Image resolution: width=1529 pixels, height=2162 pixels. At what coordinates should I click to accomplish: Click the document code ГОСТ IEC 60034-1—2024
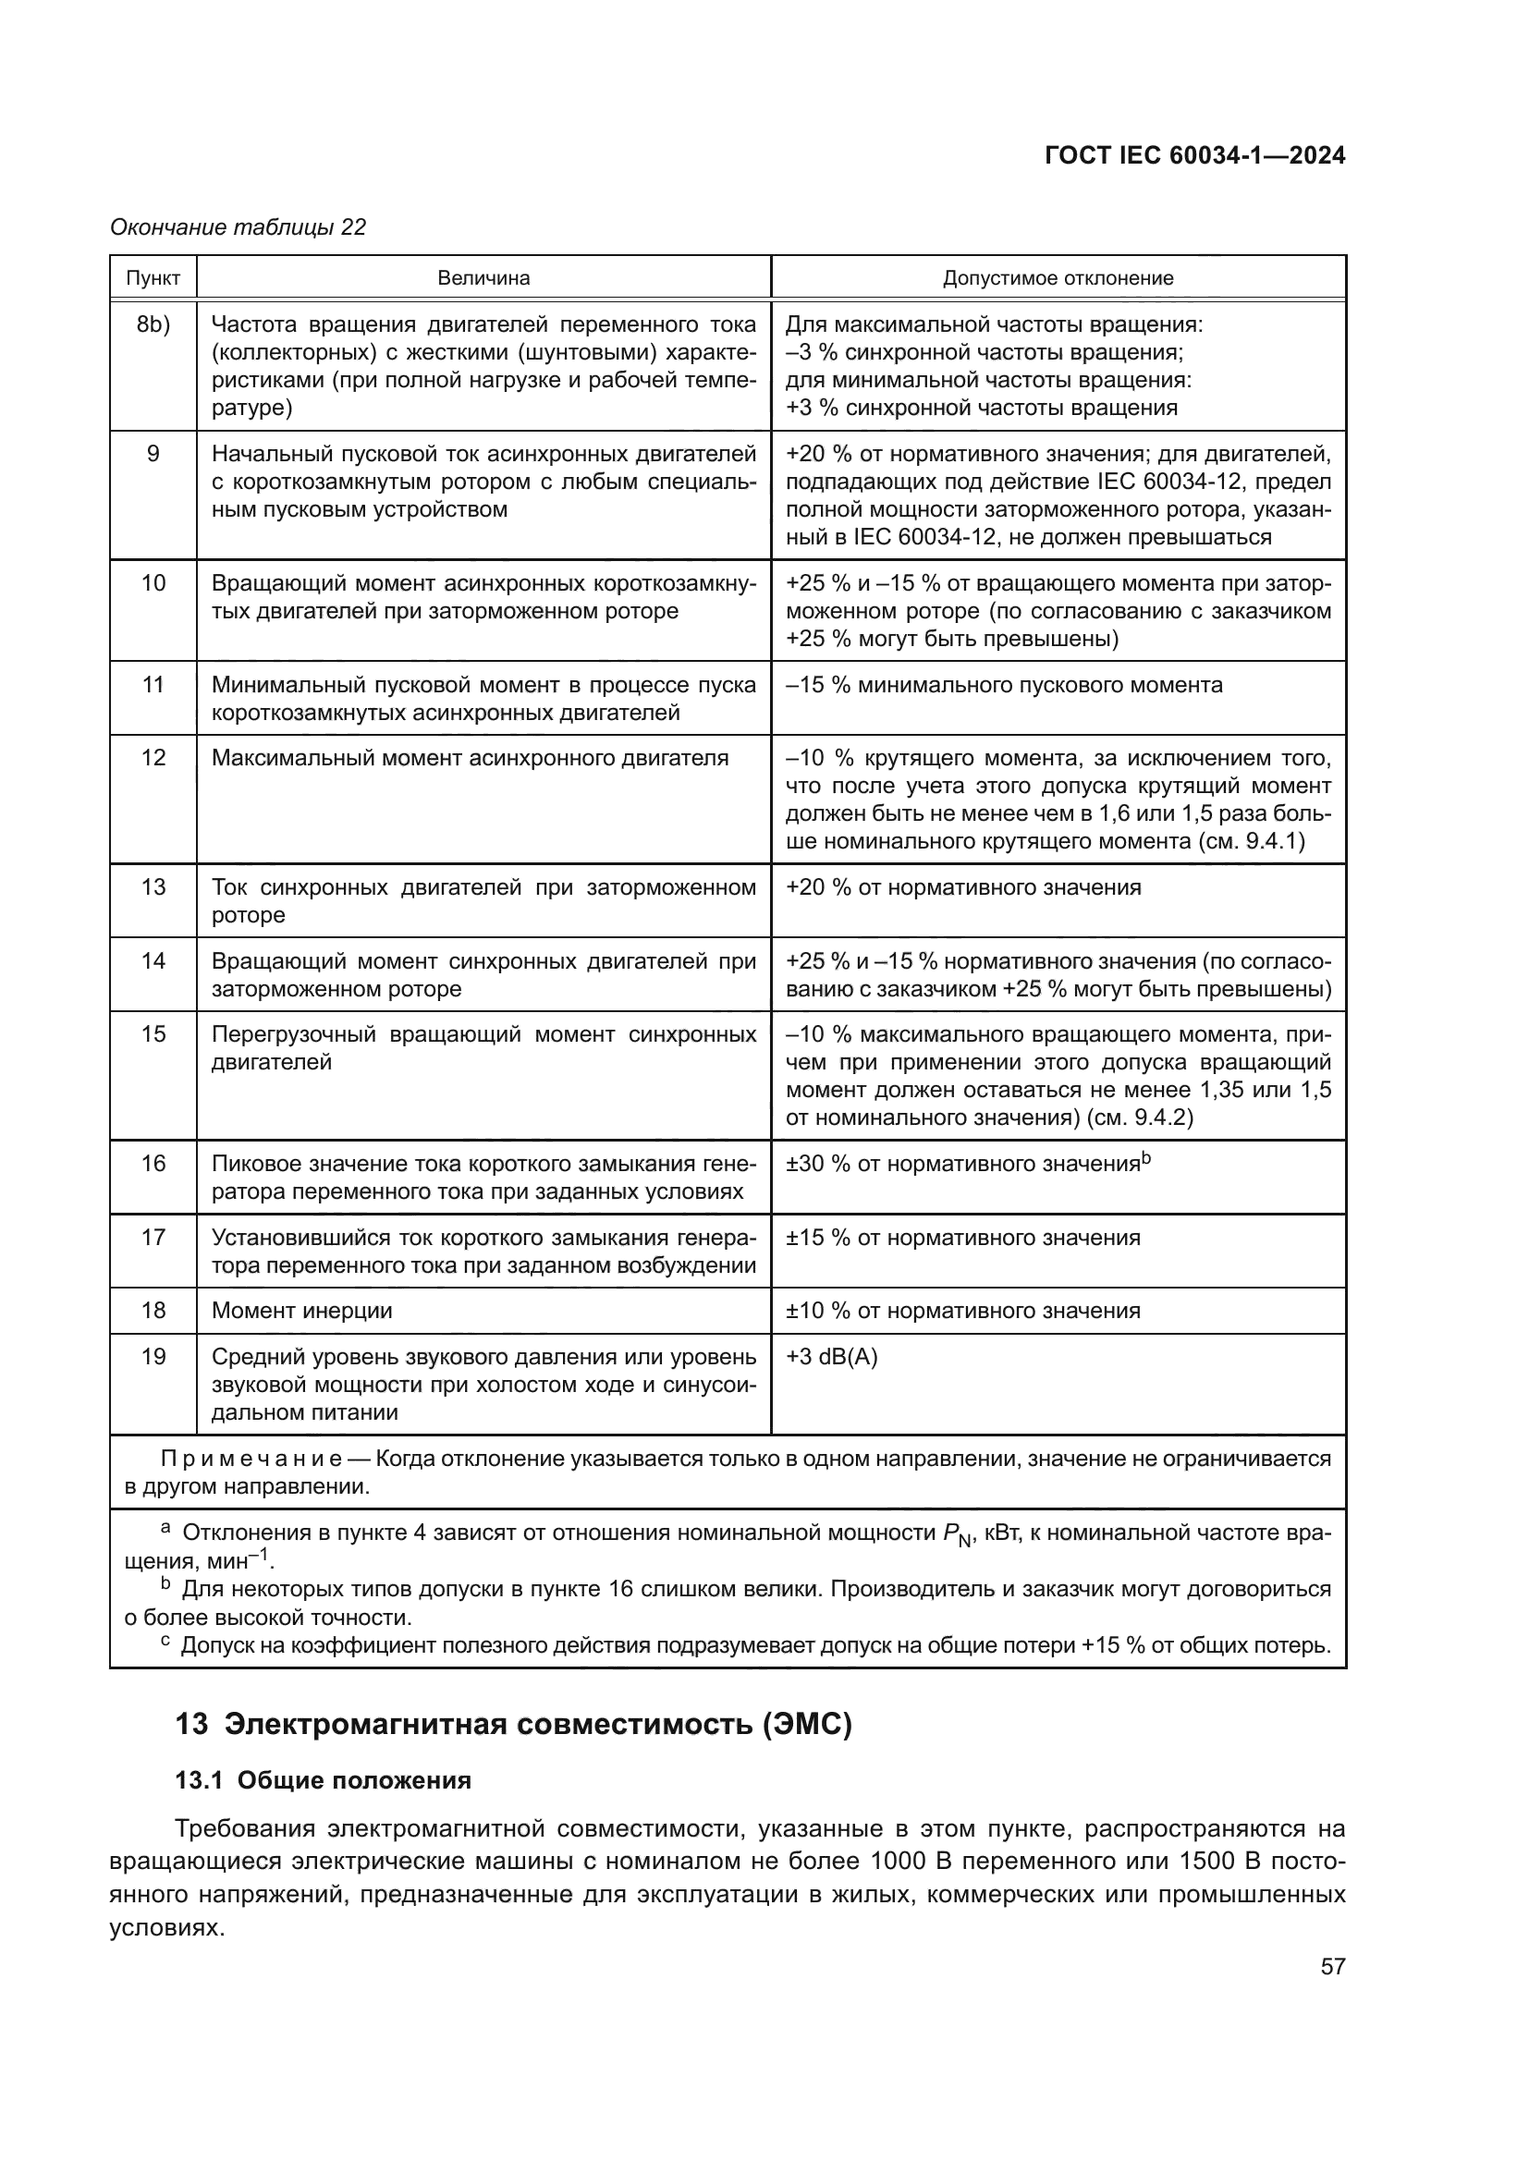tap(1194, 156)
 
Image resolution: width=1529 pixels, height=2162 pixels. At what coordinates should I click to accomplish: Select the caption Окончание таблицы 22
tap(238, 227)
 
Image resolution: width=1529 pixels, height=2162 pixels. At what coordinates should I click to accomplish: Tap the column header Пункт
tap(153, 278)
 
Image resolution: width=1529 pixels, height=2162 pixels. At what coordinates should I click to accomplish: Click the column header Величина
tap(483, 278)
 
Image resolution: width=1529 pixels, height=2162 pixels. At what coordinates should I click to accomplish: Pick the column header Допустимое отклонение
tap(1058, 278)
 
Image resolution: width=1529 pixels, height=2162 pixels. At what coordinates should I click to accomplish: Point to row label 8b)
tap(153, 324)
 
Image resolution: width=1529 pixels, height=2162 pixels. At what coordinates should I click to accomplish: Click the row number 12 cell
tap(153, 758)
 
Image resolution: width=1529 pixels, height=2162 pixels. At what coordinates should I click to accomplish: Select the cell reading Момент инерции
tap(301, 1311)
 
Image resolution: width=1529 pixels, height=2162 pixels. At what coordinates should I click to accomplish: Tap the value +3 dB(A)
tap(831, 1357)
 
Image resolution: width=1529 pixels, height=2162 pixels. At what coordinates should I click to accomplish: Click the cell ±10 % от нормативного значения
tap(962, 1311)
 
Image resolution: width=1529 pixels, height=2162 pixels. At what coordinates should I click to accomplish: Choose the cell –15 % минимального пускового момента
tap(1004, 685)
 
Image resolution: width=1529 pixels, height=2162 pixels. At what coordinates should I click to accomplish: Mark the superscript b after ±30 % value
tap(1146, 1158)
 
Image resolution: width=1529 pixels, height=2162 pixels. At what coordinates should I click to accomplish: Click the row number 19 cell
tap(153, 1357)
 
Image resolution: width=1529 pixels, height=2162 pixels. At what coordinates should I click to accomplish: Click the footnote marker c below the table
tap(165, 1642)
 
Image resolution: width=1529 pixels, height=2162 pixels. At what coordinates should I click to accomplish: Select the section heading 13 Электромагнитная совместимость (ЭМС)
tap(513, 1725)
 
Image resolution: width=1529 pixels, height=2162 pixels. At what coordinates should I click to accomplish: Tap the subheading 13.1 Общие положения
tap(323, 1780)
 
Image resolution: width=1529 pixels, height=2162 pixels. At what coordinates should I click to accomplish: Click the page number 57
tap(1332, 1966)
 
